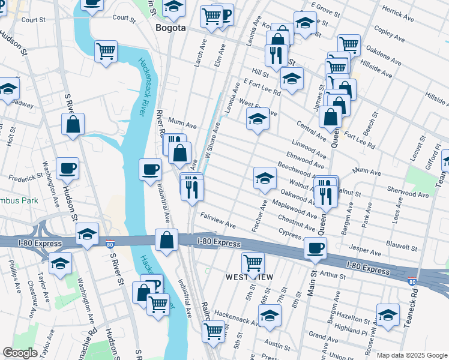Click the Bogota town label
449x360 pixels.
click(x=170, y=28)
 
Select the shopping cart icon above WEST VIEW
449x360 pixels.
click(x=253, y=262)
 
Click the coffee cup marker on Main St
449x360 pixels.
click(x=315, y=248)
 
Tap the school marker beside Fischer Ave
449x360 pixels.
click(x=265, y=178)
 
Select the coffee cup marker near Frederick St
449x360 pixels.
click(x=67, y=168)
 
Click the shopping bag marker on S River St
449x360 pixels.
click(x=73, y=124)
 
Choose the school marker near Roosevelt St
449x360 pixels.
click(x=388, y=314)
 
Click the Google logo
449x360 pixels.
click(x=20, y=353)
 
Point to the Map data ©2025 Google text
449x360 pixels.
click(x=411, y=355)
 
